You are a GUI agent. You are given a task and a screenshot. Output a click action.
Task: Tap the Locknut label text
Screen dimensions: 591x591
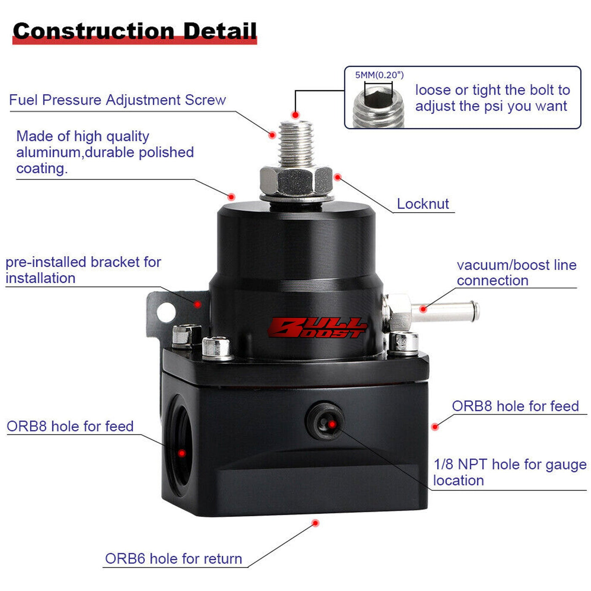[423, 204]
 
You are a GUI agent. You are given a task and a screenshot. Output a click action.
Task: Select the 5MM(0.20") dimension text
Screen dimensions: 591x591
[380, 75]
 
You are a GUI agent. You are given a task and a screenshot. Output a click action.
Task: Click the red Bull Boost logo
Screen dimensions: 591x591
[317, 328]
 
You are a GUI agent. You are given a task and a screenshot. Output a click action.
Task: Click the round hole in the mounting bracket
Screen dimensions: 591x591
[166, 312]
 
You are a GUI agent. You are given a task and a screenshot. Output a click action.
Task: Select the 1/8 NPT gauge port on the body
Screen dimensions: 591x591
[325, 421]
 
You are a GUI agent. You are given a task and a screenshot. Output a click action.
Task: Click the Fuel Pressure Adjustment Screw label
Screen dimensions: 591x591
[117, 100]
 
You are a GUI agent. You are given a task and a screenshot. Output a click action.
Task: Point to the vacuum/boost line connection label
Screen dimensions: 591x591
[516, 273]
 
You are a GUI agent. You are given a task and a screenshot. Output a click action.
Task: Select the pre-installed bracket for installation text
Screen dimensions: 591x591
[84, 270]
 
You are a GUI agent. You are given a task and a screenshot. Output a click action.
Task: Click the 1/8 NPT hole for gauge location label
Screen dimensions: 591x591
[510, 472]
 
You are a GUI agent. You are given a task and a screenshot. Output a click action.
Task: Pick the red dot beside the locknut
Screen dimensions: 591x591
[338, 177]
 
